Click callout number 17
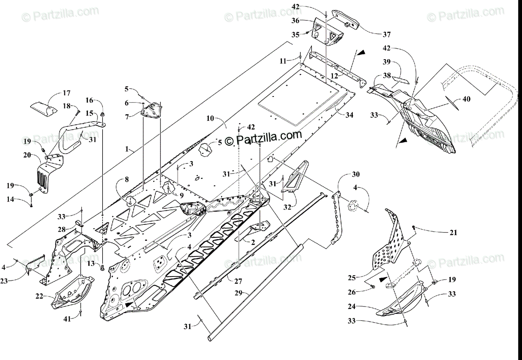click(x=66, y=93)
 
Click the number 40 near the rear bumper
click(x=466, y=99)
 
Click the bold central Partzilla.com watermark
click(x=263, y=137)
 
